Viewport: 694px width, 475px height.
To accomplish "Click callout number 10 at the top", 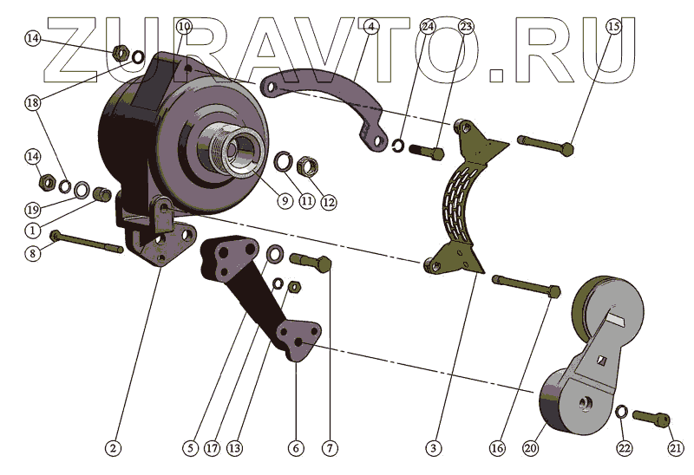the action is pyautogui.click(x=183, y=26).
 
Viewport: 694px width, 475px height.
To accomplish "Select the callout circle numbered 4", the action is pyautogui.click(x=370, y=26).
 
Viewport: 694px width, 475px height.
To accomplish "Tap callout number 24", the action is pyautogui.click(x=428, y=26).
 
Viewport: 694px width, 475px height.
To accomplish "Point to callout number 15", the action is pyautogui.click(x=613, y=26).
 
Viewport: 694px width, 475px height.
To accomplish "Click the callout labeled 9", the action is pyautogui.click(x=284, y=199).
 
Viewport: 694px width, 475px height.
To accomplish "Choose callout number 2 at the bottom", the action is pyautogui.click(x=112, y=448).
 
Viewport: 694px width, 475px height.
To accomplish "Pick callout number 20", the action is pyautogui.click(x=531, y=448).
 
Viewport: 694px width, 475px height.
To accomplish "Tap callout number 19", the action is pyautogui.click(x=32, y=209).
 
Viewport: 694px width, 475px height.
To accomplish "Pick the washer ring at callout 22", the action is pyautogui.click(x=621, y=412).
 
